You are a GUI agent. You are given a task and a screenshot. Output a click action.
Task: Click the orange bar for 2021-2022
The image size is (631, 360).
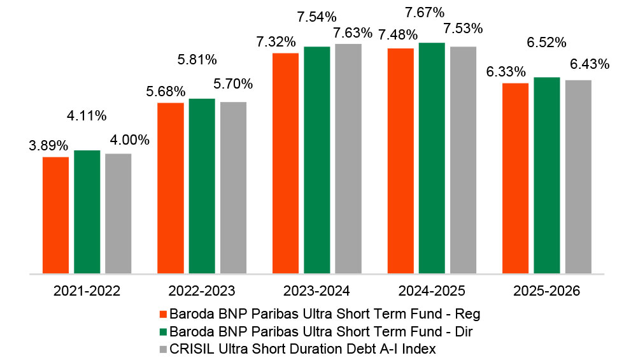coord(55,215)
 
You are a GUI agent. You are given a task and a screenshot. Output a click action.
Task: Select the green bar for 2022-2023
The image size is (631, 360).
coord(202,186)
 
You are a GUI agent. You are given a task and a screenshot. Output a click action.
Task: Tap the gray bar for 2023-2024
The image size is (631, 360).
coord(348,159)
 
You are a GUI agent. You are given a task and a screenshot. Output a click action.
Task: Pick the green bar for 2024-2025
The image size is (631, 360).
coord(432,158)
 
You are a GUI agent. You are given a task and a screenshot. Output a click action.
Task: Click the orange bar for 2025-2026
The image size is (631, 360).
coord(516,178)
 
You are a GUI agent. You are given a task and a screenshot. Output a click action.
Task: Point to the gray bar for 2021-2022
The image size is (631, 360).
coord(118,214)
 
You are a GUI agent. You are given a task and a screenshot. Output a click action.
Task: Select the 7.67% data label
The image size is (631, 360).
coord(425,13)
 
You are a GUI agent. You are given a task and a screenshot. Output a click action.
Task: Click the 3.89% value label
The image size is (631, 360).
coord(48,145)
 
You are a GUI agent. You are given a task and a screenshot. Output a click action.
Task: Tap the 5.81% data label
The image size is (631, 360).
coord(197,60)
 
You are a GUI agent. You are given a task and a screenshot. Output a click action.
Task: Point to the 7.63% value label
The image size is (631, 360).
coord(353,33)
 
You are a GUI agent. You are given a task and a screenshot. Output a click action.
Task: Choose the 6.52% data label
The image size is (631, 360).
coord(546,42)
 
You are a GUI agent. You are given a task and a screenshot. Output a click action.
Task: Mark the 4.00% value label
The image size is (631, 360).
coord(130,140)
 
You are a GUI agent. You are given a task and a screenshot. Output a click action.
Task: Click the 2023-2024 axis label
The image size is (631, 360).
coord(316,291)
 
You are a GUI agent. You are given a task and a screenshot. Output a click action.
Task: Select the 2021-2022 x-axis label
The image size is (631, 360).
coord(87,291)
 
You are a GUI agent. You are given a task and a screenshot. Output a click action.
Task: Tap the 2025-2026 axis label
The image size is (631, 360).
coord(546,291)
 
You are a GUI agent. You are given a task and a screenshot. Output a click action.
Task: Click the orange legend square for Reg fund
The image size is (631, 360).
coord(163,314)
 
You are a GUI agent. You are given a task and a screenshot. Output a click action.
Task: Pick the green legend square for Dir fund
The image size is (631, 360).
coord(163,332)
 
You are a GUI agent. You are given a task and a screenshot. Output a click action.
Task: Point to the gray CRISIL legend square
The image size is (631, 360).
coord(163,349)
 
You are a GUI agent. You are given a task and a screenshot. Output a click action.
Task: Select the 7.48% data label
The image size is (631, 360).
coord(397,35)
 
